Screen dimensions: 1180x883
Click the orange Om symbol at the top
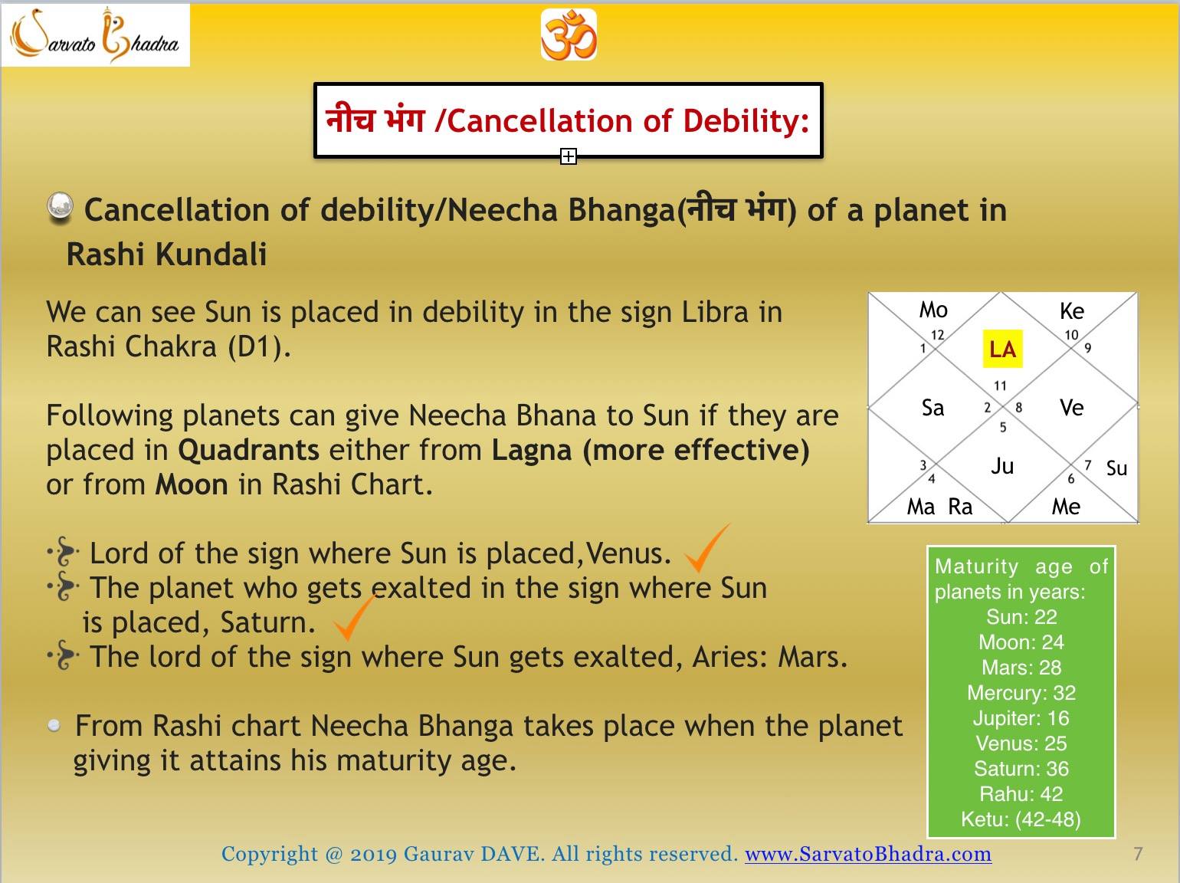click(569, 34)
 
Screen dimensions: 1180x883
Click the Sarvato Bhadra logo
click(95, 35)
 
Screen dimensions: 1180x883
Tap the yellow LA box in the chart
click(1002, 349)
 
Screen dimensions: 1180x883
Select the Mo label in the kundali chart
click(933, 310)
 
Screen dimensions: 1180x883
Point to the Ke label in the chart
click(1072, 311)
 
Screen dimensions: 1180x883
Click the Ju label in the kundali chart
click(1002, 466)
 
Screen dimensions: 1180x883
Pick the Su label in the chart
click(1116, 468)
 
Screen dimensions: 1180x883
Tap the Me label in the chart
click(1066, 507)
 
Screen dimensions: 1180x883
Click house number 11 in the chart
click(1000, 386)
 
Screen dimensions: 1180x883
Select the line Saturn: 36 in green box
click(1021, 769)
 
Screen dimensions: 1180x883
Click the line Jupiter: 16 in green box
click(1021, 718)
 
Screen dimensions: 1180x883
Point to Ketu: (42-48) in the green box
click(1021, 819)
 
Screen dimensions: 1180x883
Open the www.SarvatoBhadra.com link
click(868, 854)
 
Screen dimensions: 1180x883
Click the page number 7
click(1138, 853)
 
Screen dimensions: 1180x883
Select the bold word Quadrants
click(249, 450)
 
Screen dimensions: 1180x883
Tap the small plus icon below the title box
click(569, 156)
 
